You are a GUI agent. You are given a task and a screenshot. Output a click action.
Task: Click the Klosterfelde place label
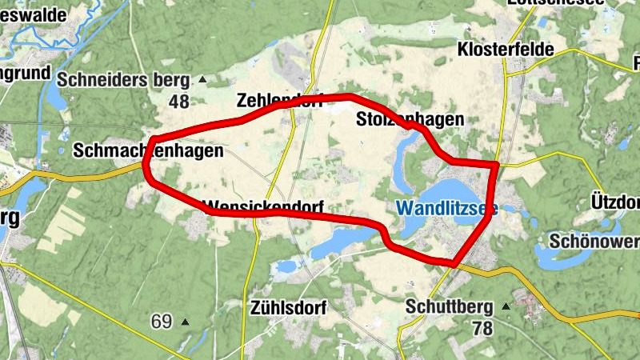[506, 50]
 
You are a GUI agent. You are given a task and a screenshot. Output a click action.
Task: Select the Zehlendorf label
[279, 101]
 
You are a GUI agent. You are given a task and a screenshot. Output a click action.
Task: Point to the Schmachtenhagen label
[147, 150]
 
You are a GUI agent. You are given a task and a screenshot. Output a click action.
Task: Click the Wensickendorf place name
[264, 207]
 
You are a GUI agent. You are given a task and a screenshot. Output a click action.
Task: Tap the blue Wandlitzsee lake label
[447, 209]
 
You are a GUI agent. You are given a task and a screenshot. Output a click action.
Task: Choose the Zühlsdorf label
[286, 306]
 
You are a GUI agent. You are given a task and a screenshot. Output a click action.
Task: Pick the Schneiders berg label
[123, 80]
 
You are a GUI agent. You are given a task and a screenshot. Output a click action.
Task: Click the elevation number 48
[178, 101]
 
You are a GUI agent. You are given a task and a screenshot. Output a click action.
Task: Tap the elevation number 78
[482, 327]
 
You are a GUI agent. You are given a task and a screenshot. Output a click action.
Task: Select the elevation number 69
[162, 322]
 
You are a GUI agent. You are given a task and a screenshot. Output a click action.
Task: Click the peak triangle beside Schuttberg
[505, 306]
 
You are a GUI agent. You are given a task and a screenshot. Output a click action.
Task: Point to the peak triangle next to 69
[185, 322]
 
